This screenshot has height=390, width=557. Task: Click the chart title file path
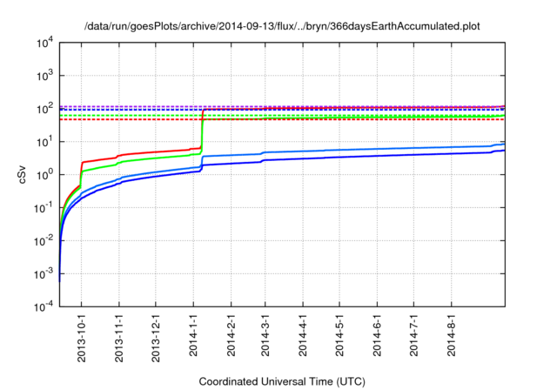coord(282,27)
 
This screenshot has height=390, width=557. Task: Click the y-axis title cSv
coord(23,174)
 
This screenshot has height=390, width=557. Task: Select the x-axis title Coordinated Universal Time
coord(282,381)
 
